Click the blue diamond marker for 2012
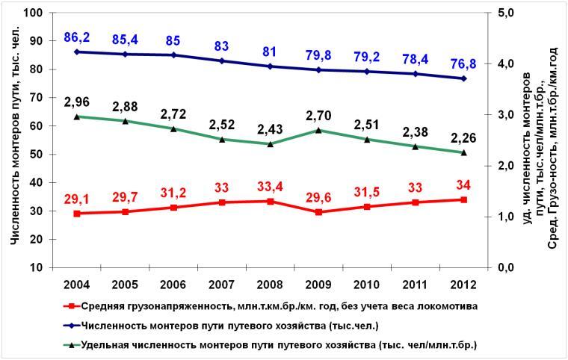463,78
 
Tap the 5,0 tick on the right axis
505,13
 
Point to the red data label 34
463,184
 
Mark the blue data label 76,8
463,63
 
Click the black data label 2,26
463,137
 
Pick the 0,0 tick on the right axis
505,267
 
